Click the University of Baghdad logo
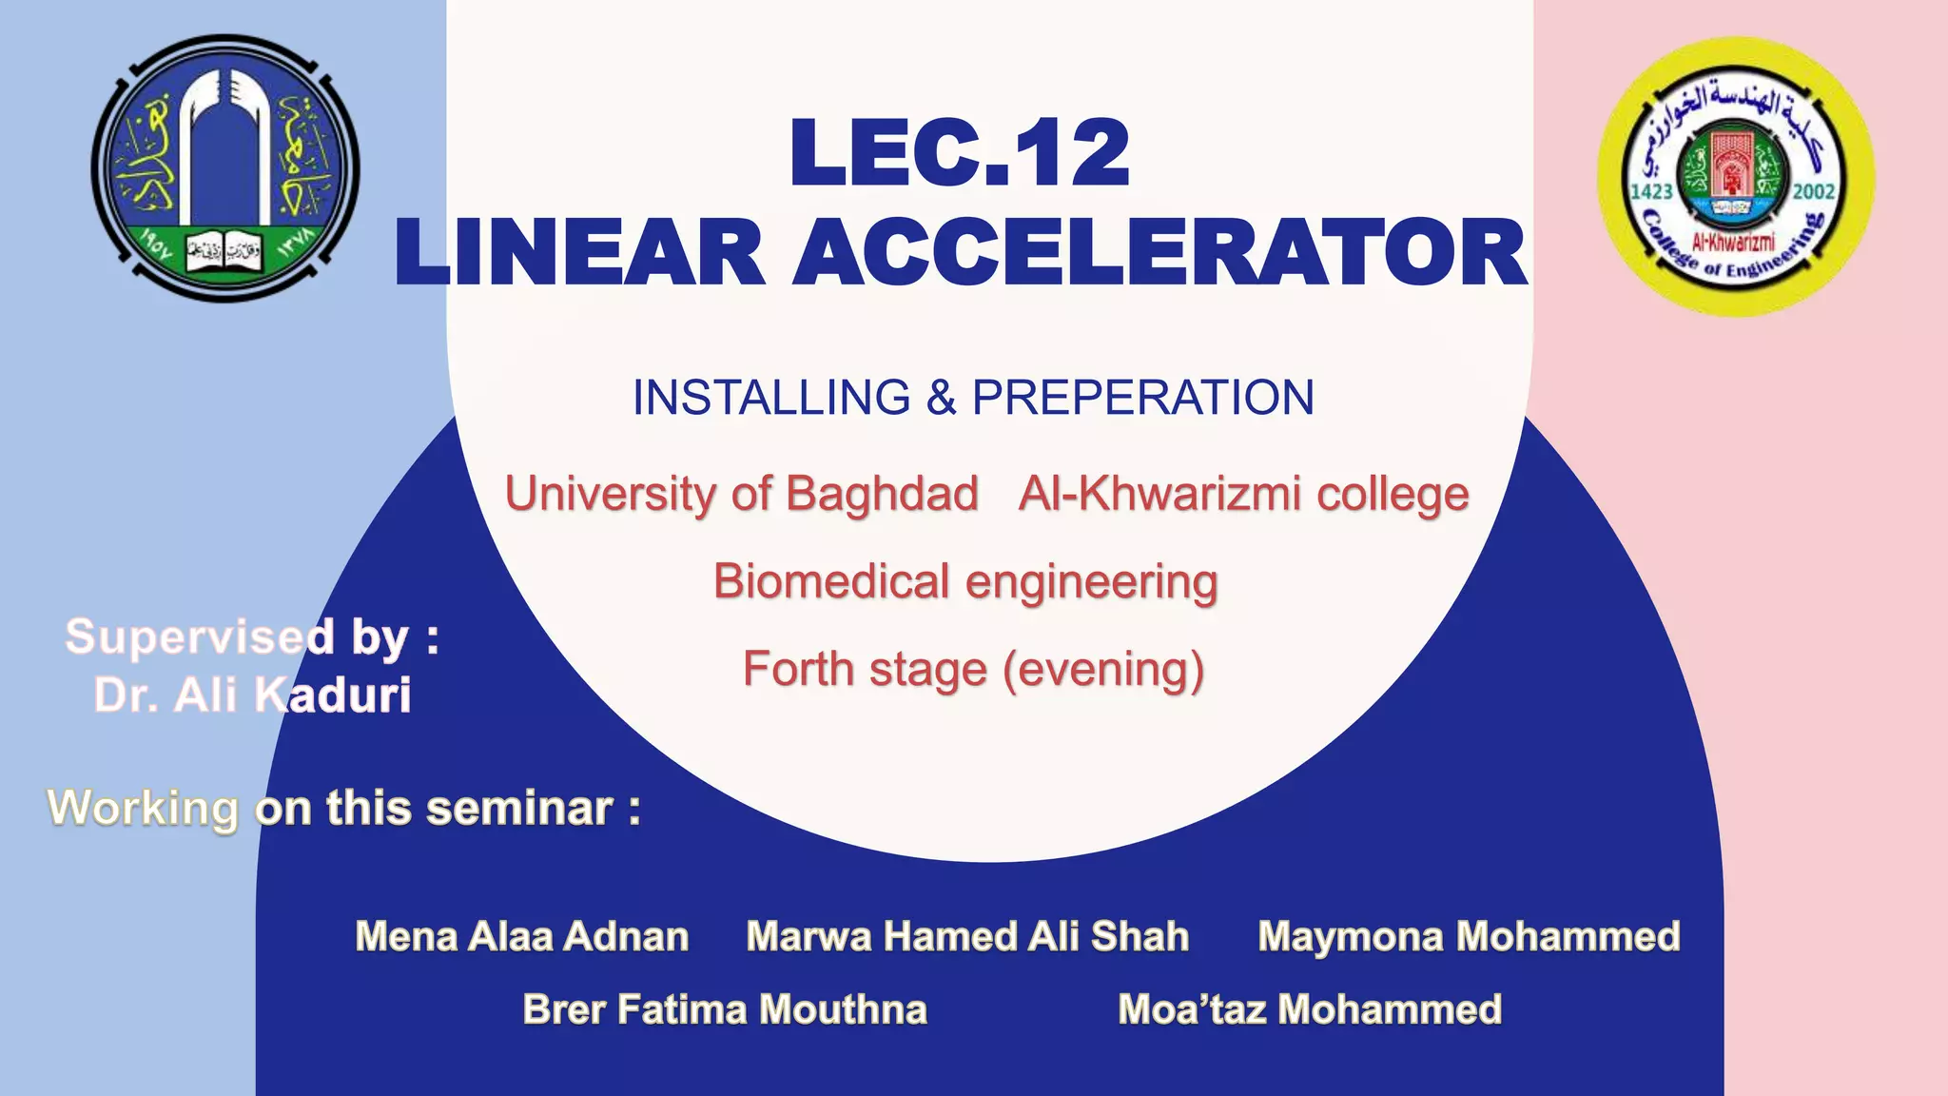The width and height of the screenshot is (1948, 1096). (x=225, y=168)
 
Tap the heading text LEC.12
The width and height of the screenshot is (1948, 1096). (x=959, y=153)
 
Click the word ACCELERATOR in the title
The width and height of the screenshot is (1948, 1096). (x=1159, y=253)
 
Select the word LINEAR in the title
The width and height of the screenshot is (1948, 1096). (x=580, y=253)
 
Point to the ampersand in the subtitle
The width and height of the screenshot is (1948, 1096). (x=940, y=398)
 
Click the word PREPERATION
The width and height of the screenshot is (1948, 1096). (x=1142, y=398)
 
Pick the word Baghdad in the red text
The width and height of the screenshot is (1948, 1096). (x=882, y=494)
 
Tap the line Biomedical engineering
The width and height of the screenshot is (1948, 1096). (x=964, y=581)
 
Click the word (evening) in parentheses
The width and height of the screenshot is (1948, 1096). (x=1102, y=669)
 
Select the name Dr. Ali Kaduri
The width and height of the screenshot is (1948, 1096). (x=252, y=695)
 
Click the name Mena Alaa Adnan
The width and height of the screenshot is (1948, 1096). (x=521, y=936)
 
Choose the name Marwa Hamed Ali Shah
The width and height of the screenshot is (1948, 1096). (x=967, y=936)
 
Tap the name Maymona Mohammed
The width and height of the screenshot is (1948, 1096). (x=1469, y=936)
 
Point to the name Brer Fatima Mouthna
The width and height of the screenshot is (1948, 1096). (x=725, y=1009)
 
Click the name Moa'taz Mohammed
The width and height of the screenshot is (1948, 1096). (x=1310, y=1009)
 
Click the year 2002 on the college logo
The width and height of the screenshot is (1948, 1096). (x=1813, y=191)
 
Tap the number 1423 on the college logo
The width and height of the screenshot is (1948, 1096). (x=1652, y=191)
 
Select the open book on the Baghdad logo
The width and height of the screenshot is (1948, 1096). (x=224, y=252)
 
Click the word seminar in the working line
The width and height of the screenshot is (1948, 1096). (x=519, y=809)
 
